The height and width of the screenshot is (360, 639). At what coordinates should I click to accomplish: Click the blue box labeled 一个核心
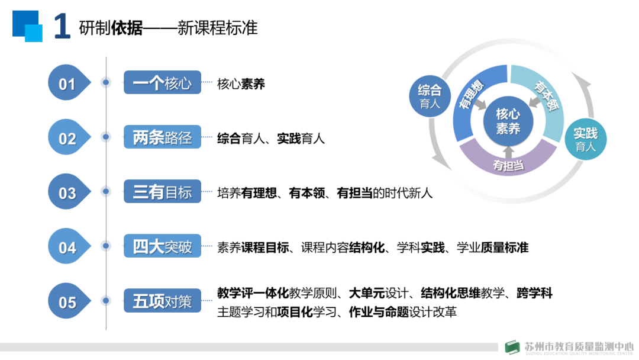162,82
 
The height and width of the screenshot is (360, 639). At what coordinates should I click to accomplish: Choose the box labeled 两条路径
162,137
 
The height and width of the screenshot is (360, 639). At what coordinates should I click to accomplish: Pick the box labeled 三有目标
162,192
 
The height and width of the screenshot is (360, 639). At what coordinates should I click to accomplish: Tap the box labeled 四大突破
162,246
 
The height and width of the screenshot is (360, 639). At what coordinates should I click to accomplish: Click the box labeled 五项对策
162,301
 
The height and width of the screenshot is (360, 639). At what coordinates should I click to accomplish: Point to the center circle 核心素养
508,121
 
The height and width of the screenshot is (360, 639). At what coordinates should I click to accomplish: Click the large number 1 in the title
62,27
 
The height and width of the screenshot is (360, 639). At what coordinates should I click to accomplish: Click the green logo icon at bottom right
512,348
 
